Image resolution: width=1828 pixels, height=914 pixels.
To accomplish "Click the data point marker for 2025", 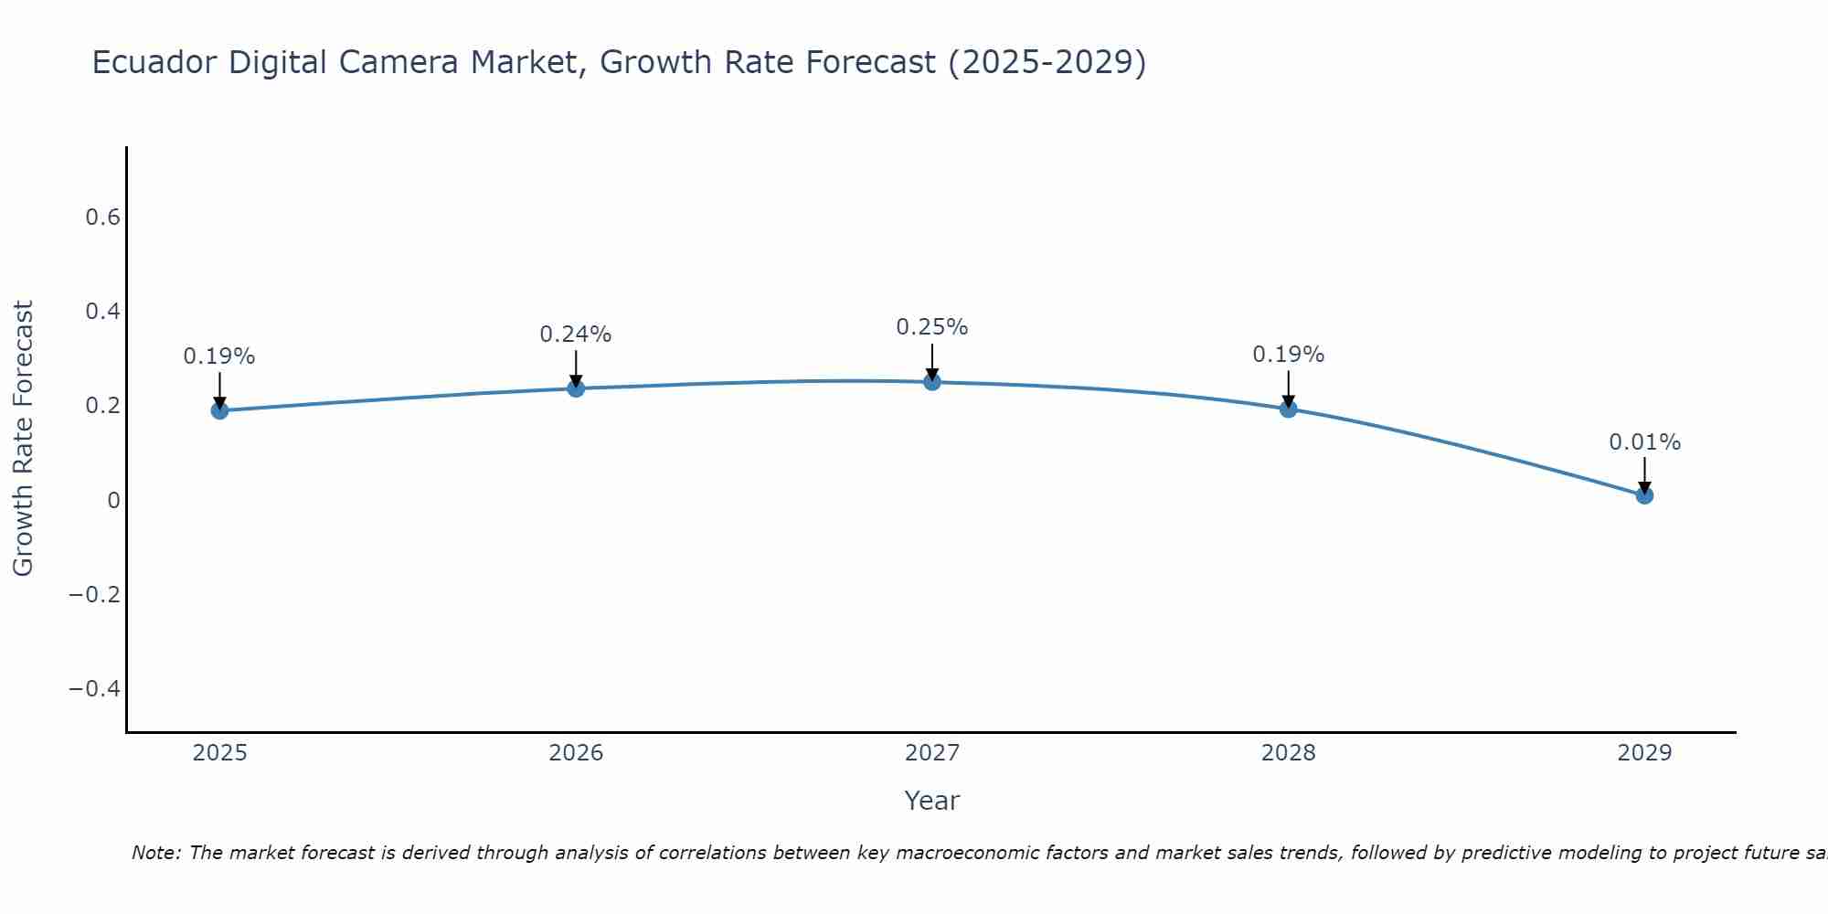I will click(219, 410).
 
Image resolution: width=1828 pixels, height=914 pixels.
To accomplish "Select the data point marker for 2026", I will click(576, 388).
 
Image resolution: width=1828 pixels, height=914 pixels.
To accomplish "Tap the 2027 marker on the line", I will click(932, 382).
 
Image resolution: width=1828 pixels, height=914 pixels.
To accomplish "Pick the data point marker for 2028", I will click(1288, 409).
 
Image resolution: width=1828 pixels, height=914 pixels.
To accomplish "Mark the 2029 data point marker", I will click(1644, 495).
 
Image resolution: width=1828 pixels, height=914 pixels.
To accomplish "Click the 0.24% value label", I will click(576, 335).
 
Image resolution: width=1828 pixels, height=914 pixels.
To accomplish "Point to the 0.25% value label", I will click(932, 327).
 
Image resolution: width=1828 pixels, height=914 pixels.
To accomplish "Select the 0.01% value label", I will click(1644, 442).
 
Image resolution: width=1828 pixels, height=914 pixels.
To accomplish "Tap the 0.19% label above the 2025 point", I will click(219, 356).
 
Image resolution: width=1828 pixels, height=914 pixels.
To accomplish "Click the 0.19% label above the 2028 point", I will click(1288, 355).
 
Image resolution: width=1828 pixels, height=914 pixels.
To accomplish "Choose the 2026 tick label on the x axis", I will click(576, 753).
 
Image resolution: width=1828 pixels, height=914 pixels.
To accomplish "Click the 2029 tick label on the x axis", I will click(1644, 753).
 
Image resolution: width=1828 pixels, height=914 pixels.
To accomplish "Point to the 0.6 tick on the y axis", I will click(102, 218).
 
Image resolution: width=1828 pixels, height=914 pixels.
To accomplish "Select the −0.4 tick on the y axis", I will click(94, 688).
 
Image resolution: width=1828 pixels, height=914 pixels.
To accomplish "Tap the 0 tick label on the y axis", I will click(113, 500).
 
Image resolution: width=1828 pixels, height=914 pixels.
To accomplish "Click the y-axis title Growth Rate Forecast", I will click(23, 438).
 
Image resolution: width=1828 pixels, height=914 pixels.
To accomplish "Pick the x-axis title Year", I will click(931, 801).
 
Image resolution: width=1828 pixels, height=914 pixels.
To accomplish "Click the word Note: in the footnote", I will click(157, 853).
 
